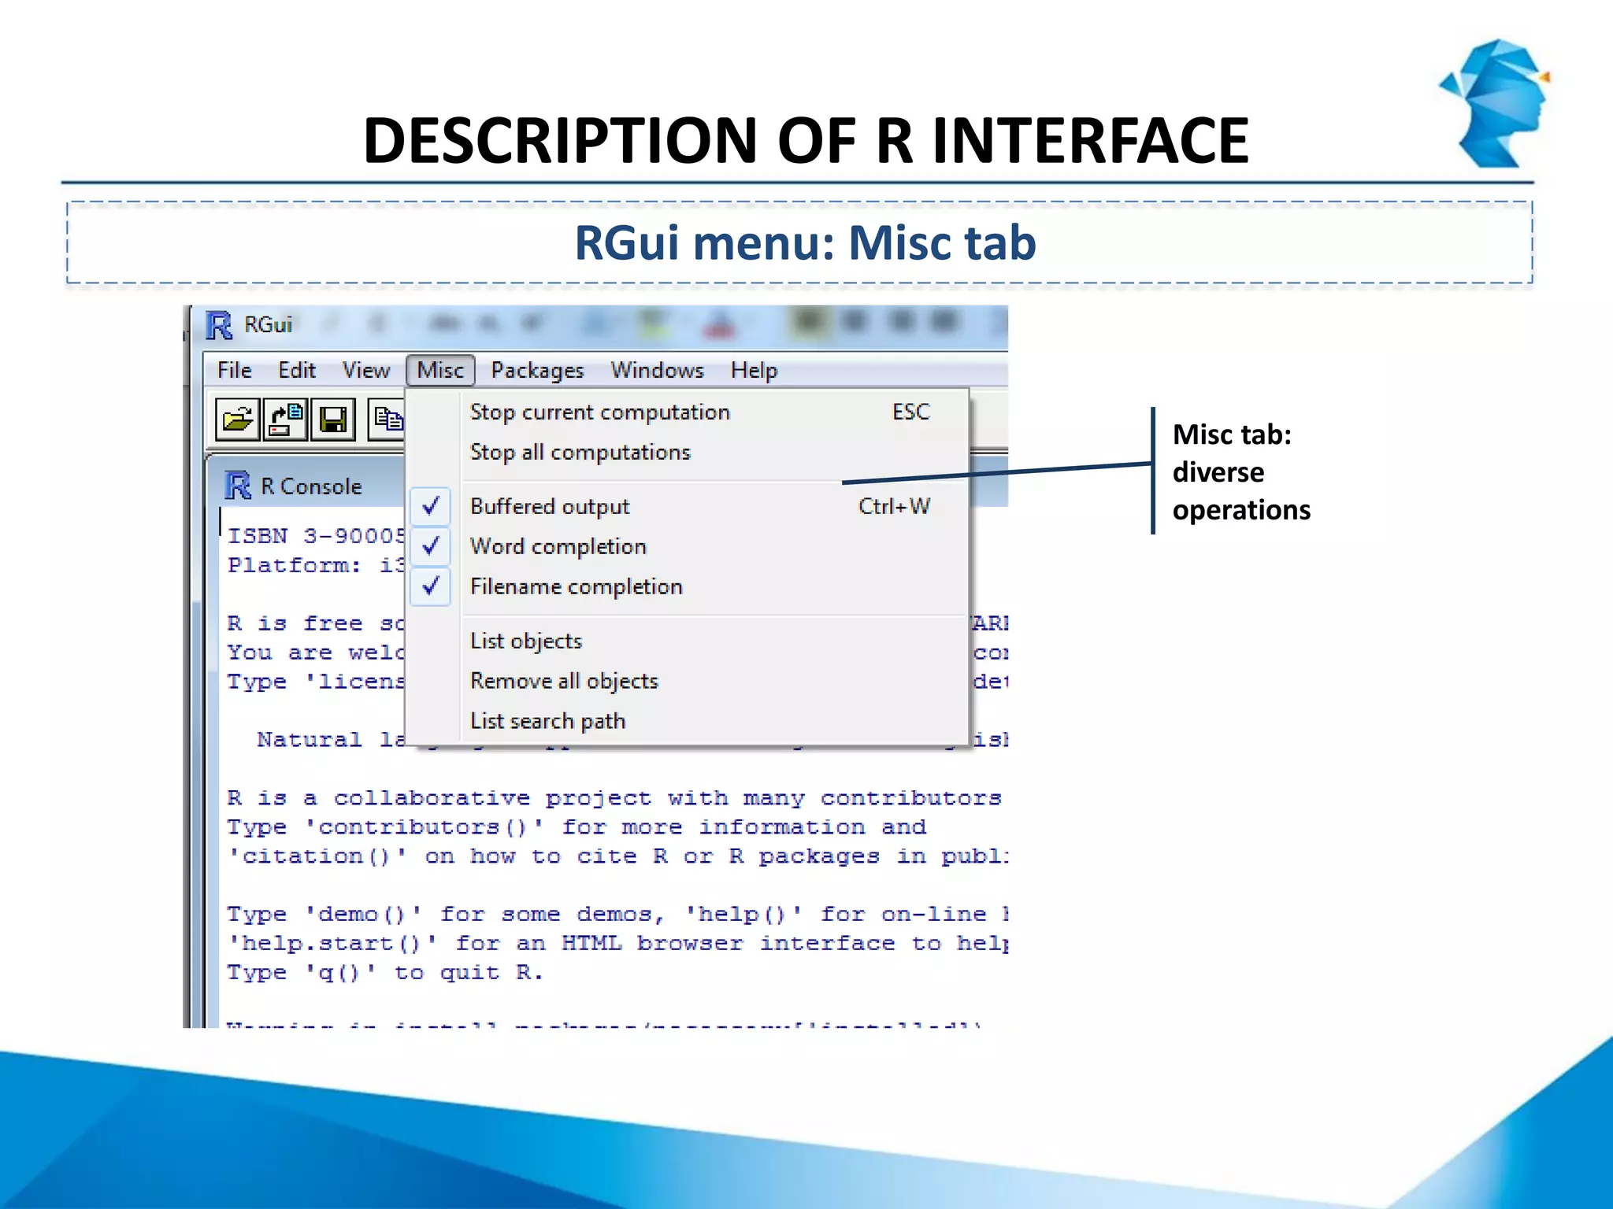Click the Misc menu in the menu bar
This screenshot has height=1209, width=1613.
coord(440,370)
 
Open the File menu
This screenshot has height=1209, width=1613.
coord(234,370)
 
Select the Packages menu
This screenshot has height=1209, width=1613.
coord(537,370)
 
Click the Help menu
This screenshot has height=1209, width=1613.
coord(754,370)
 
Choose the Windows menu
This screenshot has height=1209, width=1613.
coord(657,370)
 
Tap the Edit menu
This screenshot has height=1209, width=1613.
coord(297,370)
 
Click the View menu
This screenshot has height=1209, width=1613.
coord(365,370)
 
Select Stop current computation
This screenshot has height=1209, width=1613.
coord(599,412)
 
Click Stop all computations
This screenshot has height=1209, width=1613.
coord(580,452)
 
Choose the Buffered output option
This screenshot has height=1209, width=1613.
coord(550,506)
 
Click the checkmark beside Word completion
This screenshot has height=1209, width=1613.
coord(431,546)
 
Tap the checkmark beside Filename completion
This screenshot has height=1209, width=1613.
coord(431,586)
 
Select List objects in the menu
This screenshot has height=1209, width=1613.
coord(525,641)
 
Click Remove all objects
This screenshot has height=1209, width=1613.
coord(564,681)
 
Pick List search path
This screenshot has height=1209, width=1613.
coord(547,721)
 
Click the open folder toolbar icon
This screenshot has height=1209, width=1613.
coord(237,419)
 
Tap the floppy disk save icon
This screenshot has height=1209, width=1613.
coord(333,419)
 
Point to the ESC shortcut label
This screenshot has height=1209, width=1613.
coord(910,412)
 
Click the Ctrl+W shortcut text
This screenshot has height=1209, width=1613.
coord(894,506)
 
